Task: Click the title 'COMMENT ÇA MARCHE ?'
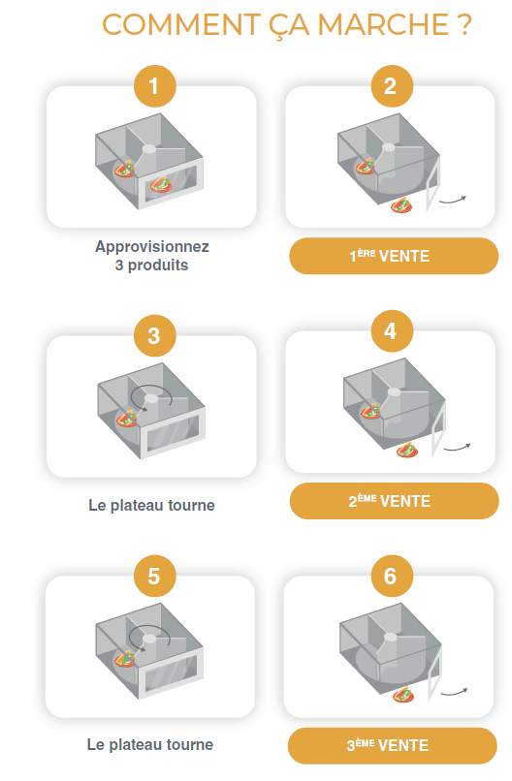pos(287,25)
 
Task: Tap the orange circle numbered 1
pos(154,86)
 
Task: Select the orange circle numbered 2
pos(392,86)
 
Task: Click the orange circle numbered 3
pos(154,335)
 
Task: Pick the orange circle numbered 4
pos(392,330)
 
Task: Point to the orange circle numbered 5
pos(154,576)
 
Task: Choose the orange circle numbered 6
pos(392,576)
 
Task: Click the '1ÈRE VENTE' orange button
pos(394,256)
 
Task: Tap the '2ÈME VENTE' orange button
pos(395,501)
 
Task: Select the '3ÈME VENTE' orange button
pos(393,746)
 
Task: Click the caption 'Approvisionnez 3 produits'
pos(152,256)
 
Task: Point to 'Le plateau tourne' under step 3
pos(151,505)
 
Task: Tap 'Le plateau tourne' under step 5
pos(150,744)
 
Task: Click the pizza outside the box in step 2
pos(401,204)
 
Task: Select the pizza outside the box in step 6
pos(403,695)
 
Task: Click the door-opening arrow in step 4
pos(457,448)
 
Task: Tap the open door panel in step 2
pos(432,183)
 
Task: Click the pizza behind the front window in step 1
pos(161,185)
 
